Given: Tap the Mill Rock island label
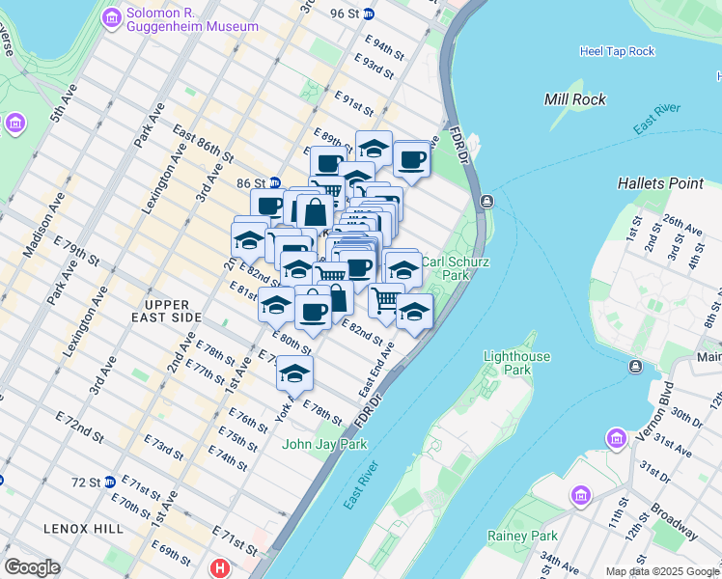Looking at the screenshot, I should (575, 99).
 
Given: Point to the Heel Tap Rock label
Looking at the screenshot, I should (617, 51).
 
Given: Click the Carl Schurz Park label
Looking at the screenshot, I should (458, 268).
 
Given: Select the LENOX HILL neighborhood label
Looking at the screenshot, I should (83, 529).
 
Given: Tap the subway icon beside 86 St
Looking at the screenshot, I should (275, 181).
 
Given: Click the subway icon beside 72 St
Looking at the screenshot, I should (111, 482).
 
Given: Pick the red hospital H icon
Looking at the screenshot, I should (221, 568).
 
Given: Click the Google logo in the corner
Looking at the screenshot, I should (32, 567).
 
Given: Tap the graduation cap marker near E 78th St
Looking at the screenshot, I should (294, 372).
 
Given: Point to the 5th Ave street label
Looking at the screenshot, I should (63, 105).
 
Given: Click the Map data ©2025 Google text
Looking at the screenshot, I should (661, 571).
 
